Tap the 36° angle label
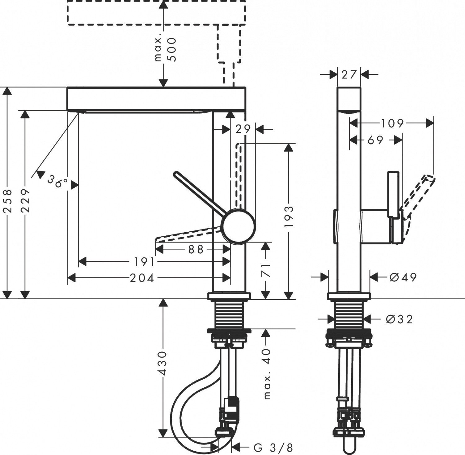pyautogui.click(x=58, y=181)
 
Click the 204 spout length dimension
pyautogui.click(x=142, y=278)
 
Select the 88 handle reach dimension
pyautogui.click(x=196, y=249)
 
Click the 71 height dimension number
pyautogui.click(x=266, y=270)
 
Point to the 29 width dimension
pyautogui.click(x=243, y=129)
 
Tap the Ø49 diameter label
pyautogui.click(x=403, y=277)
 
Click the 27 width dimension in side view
pyautogui.click(x=349, y=74)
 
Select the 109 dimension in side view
pyautogui.click(x=392, y=123)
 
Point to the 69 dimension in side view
pyautogui.click(x=375, y=140)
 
